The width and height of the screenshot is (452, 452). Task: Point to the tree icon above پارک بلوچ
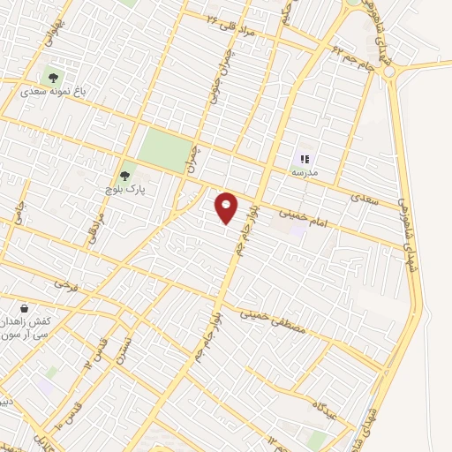click(124, 175)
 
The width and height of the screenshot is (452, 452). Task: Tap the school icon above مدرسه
click(305, 159)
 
